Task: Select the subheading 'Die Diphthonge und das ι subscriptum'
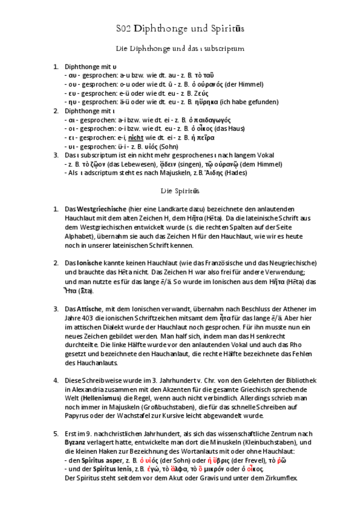click(180, 49)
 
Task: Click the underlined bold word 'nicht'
click(135, 138)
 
